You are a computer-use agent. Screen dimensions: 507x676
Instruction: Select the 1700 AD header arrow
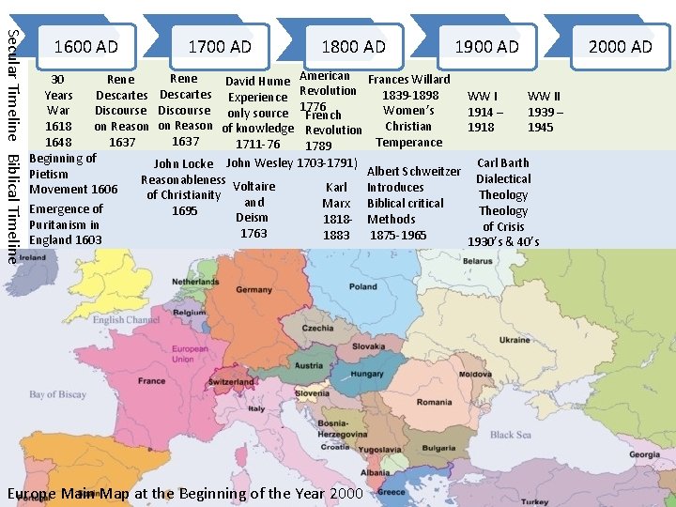click(x=220, y=46)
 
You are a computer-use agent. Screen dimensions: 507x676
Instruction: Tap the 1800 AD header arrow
click(x=353, y=46)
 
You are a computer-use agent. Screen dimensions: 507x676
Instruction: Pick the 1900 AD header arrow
click(x=486, y=46)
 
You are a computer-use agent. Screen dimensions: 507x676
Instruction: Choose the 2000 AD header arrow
click(x=620, y=46)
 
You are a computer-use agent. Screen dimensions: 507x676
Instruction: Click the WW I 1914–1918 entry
click(x=484, y=111)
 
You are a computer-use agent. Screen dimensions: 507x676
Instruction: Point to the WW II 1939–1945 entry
click(x=545, y=111)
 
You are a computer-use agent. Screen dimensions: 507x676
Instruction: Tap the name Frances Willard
click(x=408, y=80)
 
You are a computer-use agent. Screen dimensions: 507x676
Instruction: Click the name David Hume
click(x=257, y=82)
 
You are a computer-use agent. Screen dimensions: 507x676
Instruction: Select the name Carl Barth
click(x=503, y=162)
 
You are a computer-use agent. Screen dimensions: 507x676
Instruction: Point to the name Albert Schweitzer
click(x=413, y=171)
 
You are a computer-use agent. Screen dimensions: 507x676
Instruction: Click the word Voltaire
click(x=253, y=186)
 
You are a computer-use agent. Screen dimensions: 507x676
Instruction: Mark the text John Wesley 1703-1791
click(x=292, y=163)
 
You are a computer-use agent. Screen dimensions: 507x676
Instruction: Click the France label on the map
click(x=151, y=381)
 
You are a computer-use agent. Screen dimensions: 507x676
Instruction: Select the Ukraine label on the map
click(x=515, y=340)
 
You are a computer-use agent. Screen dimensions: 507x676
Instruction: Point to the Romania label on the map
click(x=434, y=402)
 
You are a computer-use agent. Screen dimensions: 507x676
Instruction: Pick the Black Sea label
click(x=510, y=435)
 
